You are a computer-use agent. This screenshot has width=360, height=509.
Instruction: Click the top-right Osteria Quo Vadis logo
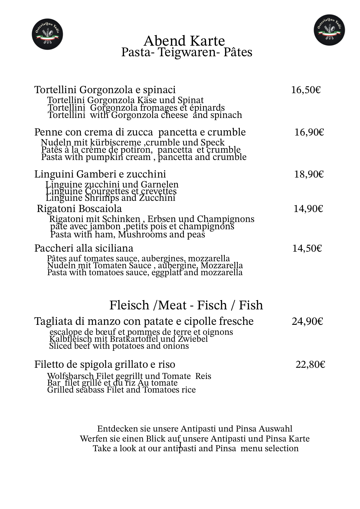(329, 30)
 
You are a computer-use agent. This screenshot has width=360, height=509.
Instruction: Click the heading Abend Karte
(184, 41)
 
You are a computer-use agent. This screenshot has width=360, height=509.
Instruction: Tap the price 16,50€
(306, 90)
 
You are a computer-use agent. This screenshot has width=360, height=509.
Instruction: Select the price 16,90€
(309, 132)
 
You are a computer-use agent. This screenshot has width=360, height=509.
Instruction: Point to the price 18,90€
(309, 174)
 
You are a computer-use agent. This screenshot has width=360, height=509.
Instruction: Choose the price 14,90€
(308, 209)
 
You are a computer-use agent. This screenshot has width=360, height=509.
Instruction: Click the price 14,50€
(307, 248)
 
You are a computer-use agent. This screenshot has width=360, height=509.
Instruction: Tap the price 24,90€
(307, 321)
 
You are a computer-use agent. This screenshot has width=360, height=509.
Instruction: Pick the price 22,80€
(310, 365)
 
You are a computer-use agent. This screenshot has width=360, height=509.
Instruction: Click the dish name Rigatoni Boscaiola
(79, 209)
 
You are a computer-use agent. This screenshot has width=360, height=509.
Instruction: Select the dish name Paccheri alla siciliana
(84, 248)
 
